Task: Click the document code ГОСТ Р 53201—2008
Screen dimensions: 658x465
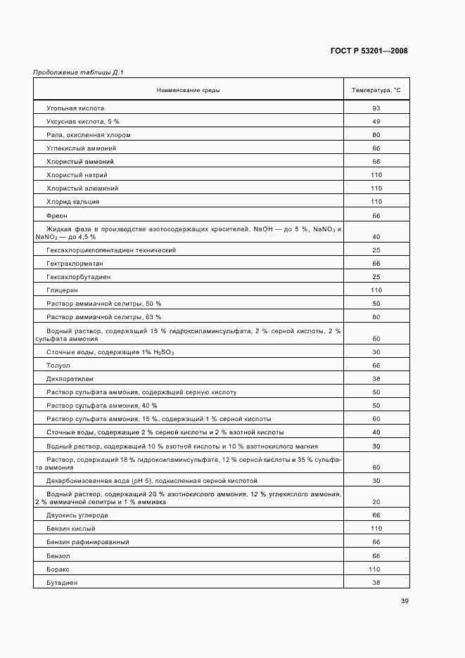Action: (369, 51)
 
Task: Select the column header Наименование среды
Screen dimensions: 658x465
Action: (188, 91)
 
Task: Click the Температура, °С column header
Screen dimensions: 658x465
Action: (376, 91)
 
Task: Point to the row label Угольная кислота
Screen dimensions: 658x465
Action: (75, 108)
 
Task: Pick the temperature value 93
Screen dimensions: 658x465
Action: (376, 108)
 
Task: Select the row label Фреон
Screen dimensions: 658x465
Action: (57, 215)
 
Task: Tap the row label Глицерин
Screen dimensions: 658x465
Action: (62, 290)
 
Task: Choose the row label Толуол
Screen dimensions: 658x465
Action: (58, 366)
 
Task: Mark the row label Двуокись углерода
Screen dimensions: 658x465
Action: (77, 515)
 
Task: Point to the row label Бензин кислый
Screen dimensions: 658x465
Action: (70, 529)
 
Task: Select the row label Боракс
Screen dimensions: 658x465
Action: (58, 569)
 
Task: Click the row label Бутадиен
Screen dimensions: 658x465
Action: (62, 583)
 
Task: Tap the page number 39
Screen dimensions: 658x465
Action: (405, 601)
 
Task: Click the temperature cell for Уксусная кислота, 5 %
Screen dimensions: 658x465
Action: (376, 122)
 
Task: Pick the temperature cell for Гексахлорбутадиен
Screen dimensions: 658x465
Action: (376, 277)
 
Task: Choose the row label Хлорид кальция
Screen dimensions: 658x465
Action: (72, 202)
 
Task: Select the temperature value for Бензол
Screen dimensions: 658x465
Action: (376, 555)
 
